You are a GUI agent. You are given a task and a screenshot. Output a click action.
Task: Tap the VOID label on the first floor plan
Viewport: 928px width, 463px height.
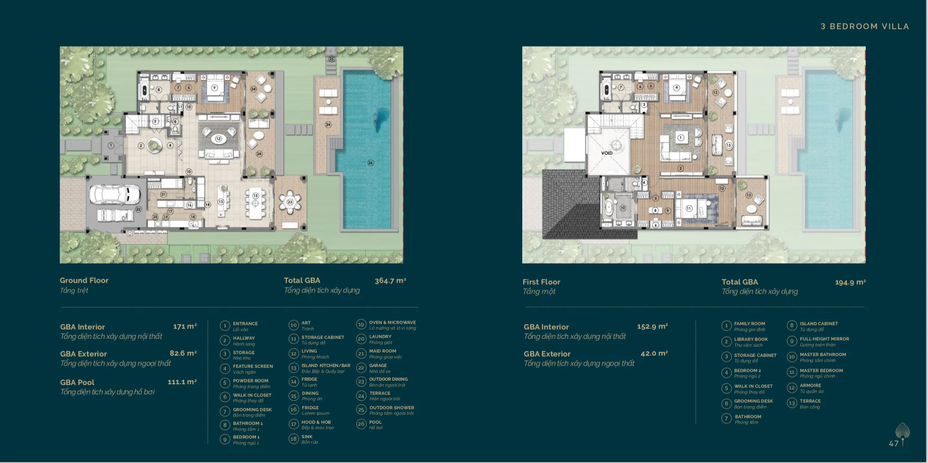607,153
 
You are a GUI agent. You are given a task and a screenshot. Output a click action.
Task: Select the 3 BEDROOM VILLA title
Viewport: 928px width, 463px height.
865,27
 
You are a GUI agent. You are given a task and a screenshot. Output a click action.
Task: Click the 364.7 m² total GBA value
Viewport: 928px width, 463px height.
390,281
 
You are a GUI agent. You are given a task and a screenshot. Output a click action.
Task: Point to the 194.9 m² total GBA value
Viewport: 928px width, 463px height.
850,282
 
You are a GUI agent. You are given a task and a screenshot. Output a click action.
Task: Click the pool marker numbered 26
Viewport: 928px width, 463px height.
370,163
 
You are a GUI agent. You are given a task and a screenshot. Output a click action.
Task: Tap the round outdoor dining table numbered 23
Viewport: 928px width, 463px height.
290,202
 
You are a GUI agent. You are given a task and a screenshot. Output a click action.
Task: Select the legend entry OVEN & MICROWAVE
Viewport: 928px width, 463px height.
392,323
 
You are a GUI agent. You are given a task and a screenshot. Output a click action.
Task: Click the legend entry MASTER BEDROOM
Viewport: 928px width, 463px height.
821,370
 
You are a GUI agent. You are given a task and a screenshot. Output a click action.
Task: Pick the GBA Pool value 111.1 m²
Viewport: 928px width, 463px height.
182,382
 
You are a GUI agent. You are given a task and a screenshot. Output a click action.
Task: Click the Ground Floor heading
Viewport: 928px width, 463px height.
84,280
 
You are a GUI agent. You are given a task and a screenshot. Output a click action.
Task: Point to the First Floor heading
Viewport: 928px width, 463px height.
541,282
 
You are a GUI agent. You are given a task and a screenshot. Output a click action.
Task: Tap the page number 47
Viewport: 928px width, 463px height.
893,443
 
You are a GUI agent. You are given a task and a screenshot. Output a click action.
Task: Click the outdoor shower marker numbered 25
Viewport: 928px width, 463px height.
331,59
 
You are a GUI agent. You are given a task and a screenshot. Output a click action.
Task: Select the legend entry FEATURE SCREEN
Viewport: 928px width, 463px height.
253,366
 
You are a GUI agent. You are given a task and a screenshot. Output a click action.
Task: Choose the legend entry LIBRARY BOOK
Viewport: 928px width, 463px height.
750,339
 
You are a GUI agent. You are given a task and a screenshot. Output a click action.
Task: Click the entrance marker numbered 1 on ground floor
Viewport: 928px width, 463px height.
111,145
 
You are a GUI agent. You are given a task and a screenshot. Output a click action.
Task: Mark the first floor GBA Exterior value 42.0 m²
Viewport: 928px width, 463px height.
654,354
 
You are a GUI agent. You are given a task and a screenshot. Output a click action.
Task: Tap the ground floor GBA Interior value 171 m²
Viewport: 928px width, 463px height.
185,327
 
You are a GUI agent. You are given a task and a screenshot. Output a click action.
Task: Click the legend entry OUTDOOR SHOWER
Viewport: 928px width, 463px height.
391,407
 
